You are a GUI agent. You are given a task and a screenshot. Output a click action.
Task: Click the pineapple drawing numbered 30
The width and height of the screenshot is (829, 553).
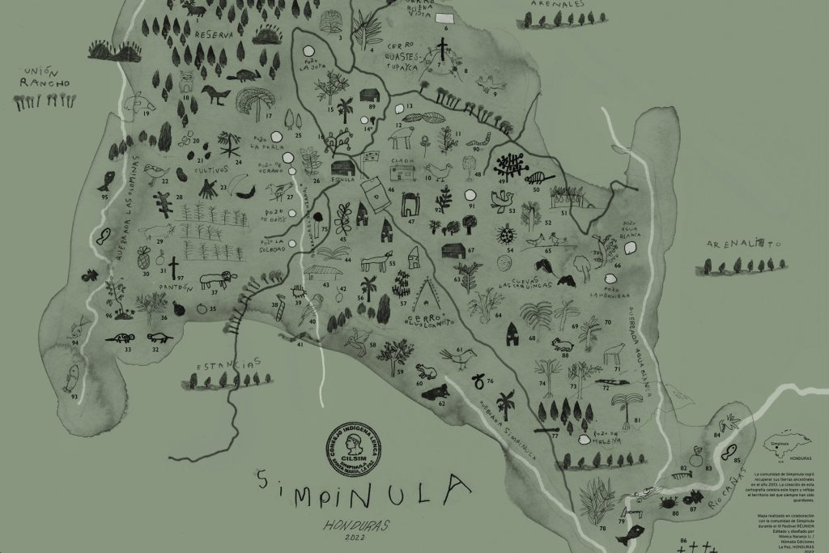click(x=145, y=259)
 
